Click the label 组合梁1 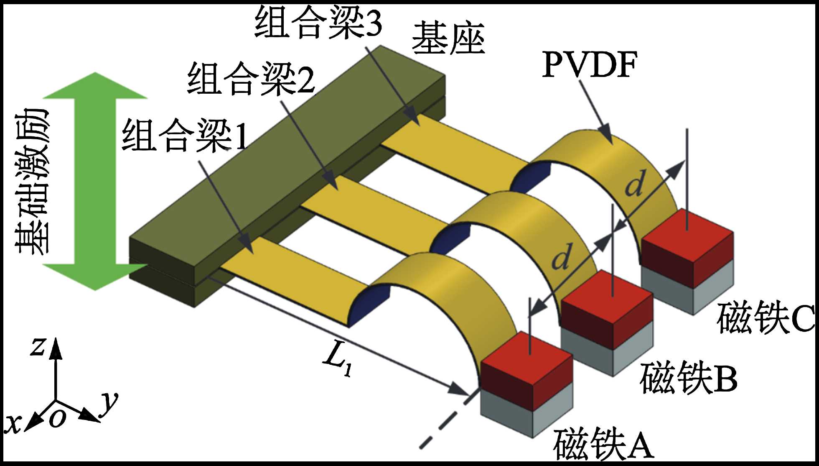184,136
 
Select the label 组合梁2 251,79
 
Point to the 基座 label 448,38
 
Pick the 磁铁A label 603,444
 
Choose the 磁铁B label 688,379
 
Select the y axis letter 109,402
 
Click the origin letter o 57,417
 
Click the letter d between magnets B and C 635,184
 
